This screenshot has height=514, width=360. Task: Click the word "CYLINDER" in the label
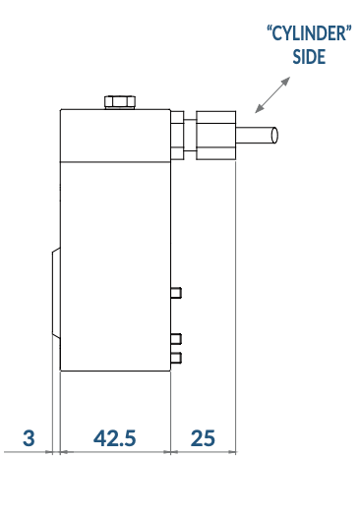[309, 33]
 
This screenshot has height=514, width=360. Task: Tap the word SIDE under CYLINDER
[309, 56]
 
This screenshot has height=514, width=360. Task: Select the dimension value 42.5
[114, 438]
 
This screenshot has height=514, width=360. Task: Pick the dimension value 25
[203, 438]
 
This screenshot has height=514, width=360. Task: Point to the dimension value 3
[29, 438]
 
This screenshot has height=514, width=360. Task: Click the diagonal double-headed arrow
[272, 94]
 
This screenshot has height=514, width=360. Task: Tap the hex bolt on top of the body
[120, 102]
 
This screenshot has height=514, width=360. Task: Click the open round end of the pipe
[274, 135]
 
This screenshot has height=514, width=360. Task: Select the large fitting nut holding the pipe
[216, 136]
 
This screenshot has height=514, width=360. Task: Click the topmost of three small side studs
[176, 293]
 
